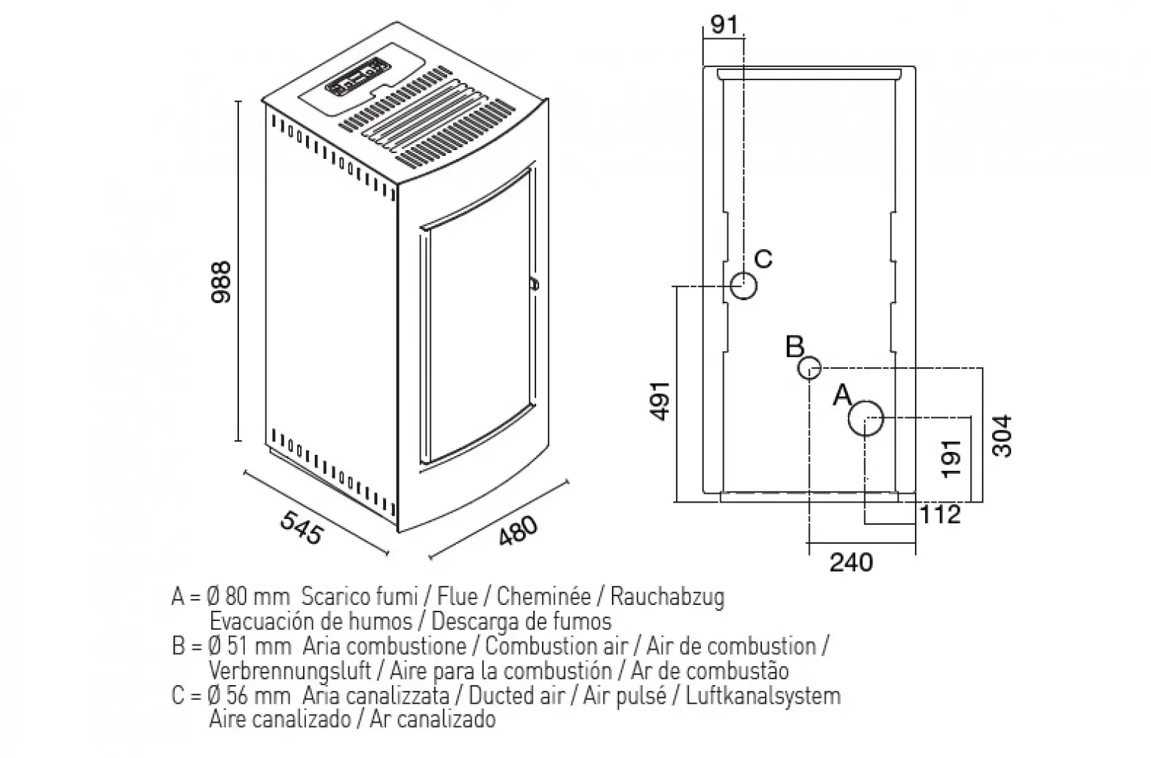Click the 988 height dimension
pyautogui.click(x=220, y=281)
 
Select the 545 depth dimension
pyautogui.click(x=302, y=528)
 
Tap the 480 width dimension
pyautogui.click(x=519, y=530)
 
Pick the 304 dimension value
pyautogui.click(x=1002, y=436)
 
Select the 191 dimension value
pyautogui.click(x=952, y=458)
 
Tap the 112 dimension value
pyautogui.click(x=940, y=514)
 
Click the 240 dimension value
pyautogui.click(x=852, y=562)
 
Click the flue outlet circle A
pyautogui.click(x=866, y=418)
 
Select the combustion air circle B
pyautogui.click(x=810, y=368)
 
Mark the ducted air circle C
pyautogui.click(x=744, y=286)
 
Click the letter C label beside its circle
pyautogui.click(x=764, y=259)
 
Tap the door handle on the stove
pyautogui.click(x=533, y=283)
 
